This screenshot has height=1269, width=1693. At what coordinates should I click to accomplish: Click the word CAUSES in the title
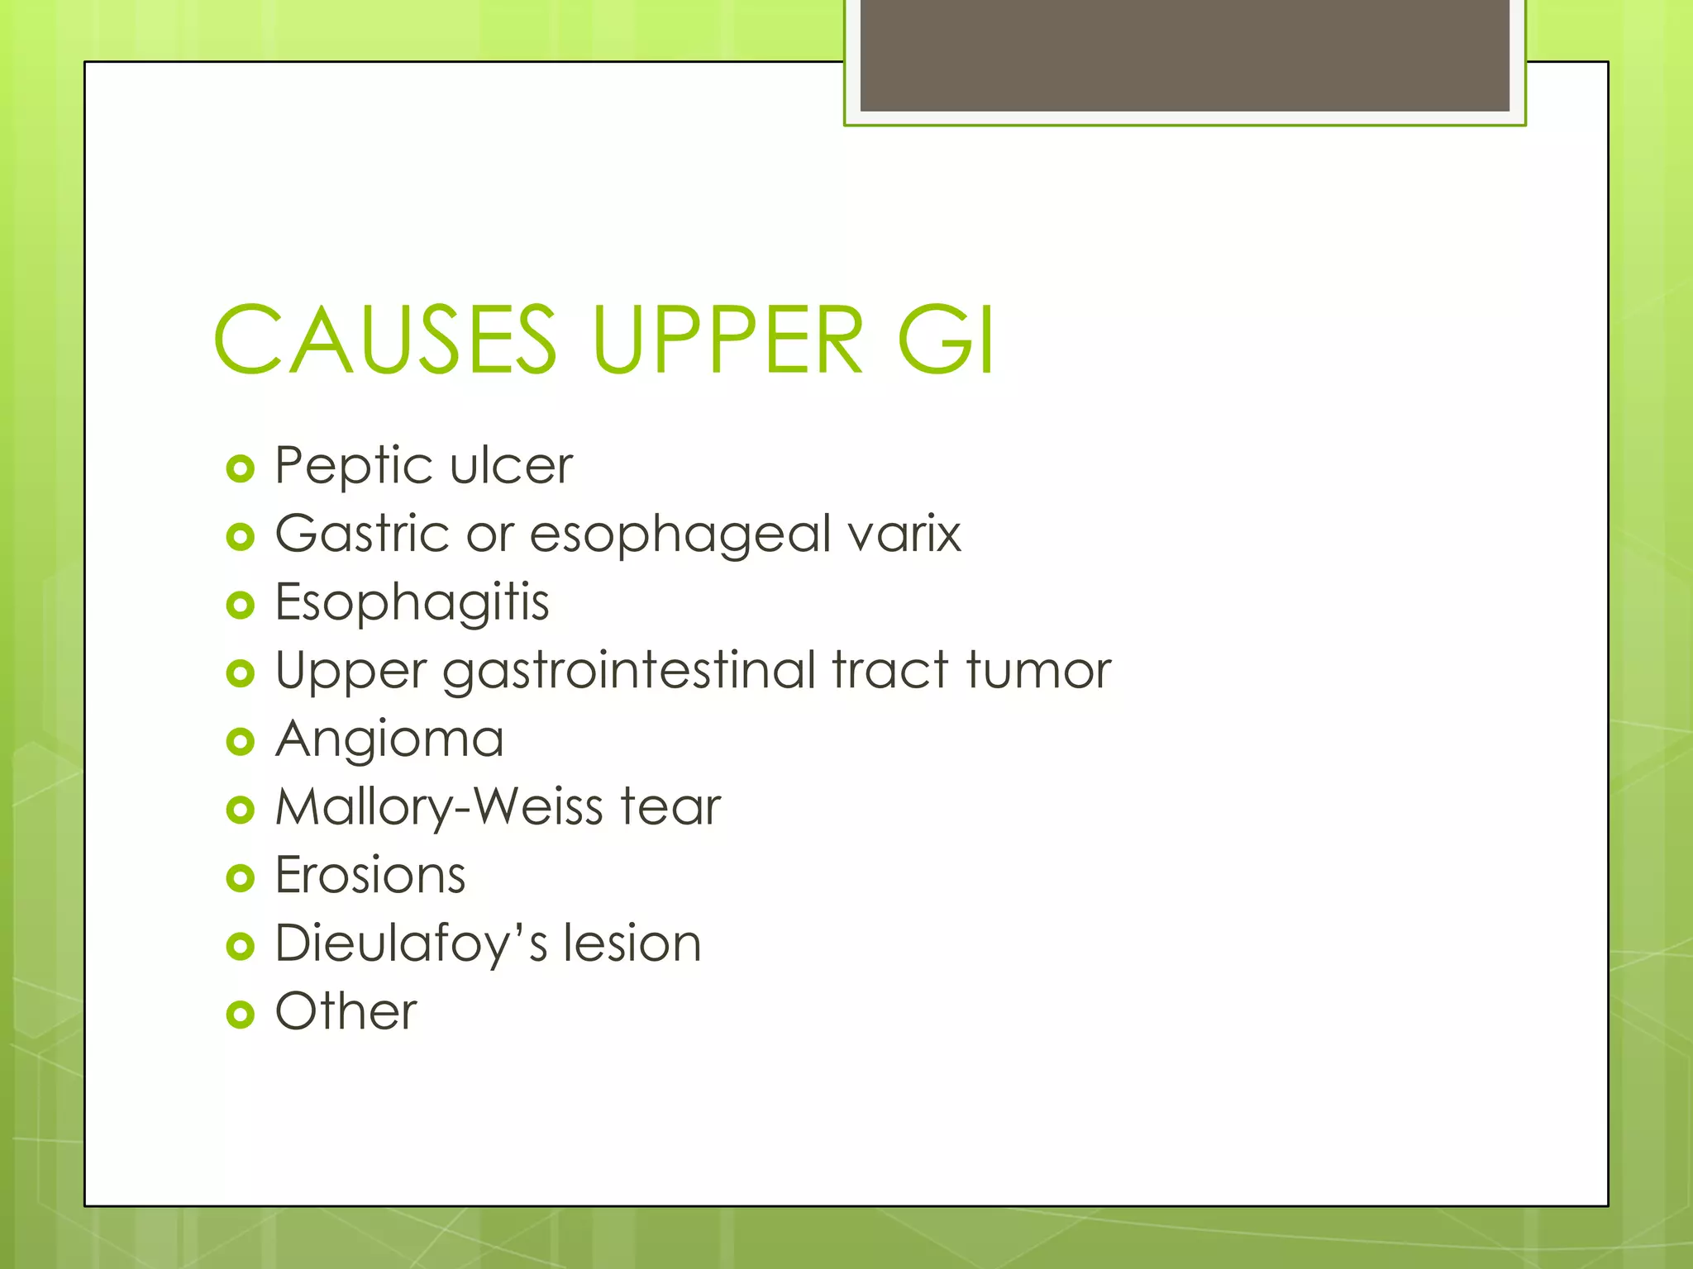(385, 340)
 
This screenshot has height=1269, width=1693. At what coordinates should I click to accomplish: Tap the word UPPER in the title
(728, 340)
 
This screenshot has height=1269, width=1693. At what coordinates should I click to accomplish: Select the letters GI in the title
(946, 340)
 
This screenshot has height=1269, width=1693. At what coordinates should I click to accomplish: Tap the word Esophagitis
(412, 603)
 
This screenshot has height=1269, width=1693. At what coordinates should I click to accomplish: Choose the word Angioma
(389, 739)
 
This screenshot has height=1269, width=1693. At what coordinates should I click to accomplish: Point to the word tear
(670, 807)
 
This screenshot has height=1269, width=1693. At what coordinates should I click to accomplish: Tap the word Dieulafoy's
(411, 943)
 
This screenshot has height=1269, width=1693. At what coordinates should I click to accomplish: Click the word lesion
(632, 943)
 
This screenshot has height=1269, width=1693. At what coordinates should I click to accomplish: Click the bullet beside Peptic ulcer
(240, 469)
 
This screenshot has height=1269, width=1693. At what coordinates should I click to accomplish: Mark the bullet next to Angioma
(240, 742)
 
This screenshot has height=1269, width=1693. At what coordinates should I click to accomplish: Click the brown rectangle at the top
(1185, 55)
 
